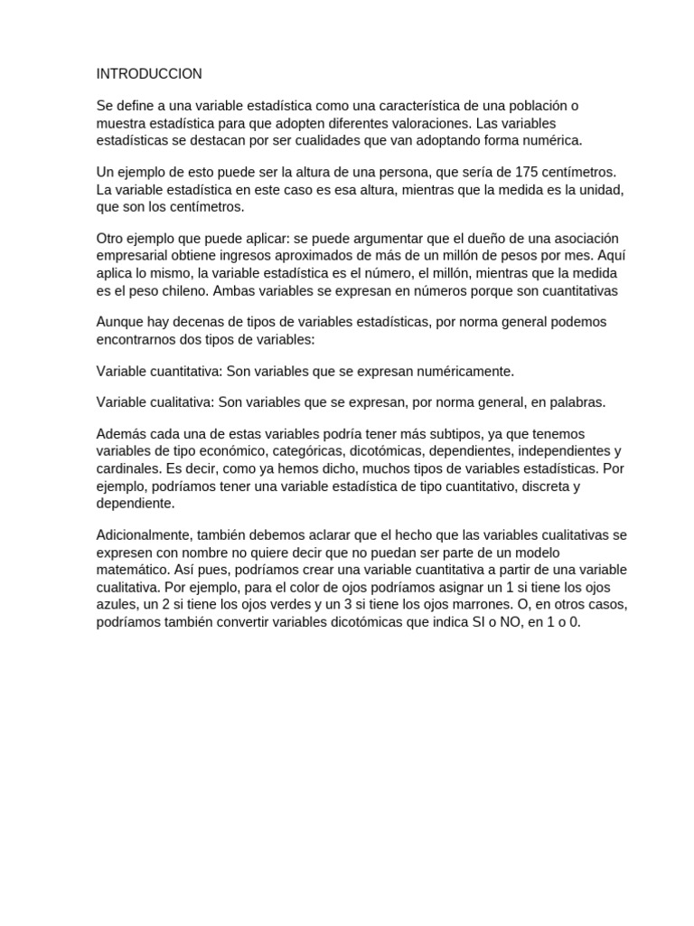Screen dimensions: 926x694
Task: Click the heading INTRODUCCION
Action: point(149,73)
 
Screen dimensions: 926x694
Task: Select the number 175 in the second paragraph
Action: point(526,172)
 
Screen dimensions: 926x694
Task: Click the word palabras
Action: point(574,402)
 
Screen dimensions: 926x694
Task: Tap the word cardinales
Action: point(129,468)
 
